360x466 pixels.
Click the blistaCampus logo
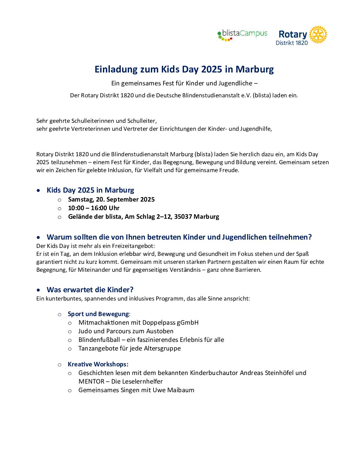pos(242,34)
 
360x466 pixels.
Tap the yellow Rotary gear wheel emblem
pos(318,35)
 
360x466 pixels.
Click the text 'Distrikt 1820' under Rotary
pos(292,43)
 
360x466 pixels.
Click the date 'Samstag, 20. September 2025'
pos(111,200)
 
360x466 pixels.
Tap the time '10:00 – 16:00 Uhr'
pos(94,208)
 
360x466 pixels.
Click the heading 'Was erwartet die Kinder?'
pos(90,290)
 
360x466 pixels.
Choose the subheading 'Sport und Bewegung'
pos(98,314)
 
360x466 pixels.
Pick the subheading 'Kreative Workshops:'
pos(98,364)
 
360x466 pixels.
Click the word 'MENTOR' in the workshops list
pos(91,382)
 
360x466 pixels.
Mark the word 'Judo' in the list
pos(85,331)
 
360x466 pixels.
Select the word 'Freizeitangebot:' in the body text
pos(134,246)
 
